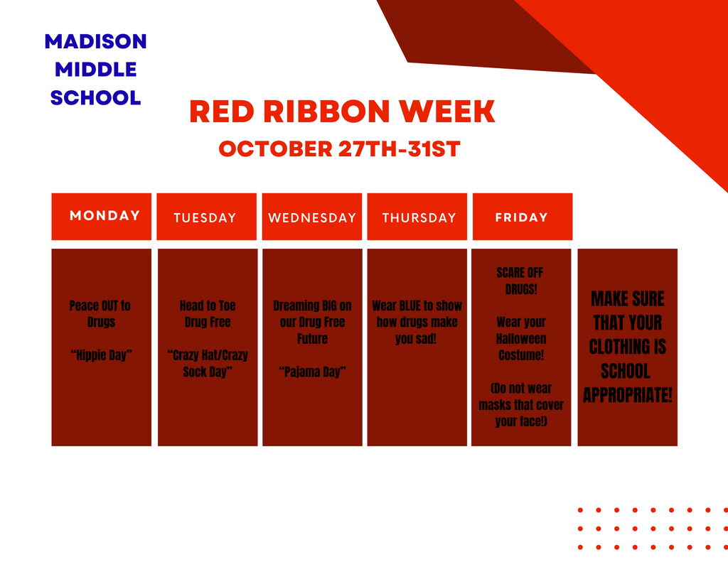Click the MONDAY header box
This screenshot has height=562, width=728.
pyautogui.click(x=101, y=217)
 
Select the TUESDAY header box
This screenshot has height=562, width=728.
pyautogui.click(x=207, y=217)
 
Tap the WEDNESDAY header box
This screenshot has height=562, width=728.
pyautogui.click(x=312, y=217)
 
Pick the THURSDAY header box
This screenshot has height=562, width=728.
pyautogui.click(x=417, y=217)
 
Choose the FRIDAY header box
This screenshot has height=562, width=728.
pyautogui.click(x=523, y=217)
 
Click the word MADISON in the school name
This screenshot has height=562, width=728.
pyautogui.click(x=96, y=41)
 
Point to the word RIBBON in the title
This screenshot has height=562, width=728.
pyautogui.click(x=326, y=112)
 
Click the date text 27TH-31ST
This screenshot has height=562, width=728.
pyautogui.click(x=400, y=149)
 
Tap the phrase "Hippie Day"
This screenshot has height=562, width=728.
pyautogui.click(x=101, y=355)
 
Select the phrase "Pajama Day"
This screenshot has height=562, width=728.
pyautogui.click(x=313, y=372)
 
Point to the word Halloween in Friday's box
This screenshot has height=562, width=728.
pyautogui.click(x=521, y=339)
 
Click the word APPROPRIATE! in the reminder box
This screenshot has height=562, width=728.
pyautogui.click(x=628, y=396)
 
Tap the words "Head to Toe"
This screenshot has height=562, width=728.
pyautogui.click(x=208, y=306)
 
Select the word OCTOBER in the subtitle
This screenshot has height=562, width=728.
pyautogui.click(x=275, y=149)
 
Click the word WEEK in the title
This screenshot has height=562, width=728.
pyautogui.click(x=447, y=112)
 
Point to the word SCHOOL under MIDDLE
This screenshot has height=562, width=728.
pyautogui.click(x=96, y=98)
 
